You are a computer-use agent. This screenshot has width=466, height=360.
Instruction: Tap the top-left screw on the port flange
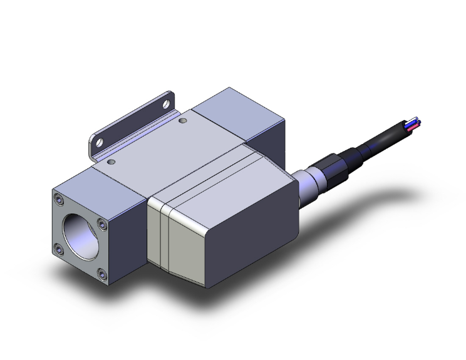(59, 200)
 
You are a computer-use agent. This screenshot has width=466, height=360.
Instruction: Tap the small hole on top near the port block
(111, 162)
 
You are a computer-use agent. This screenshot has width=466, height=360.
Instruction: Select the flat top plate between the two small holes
(150, 144)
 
